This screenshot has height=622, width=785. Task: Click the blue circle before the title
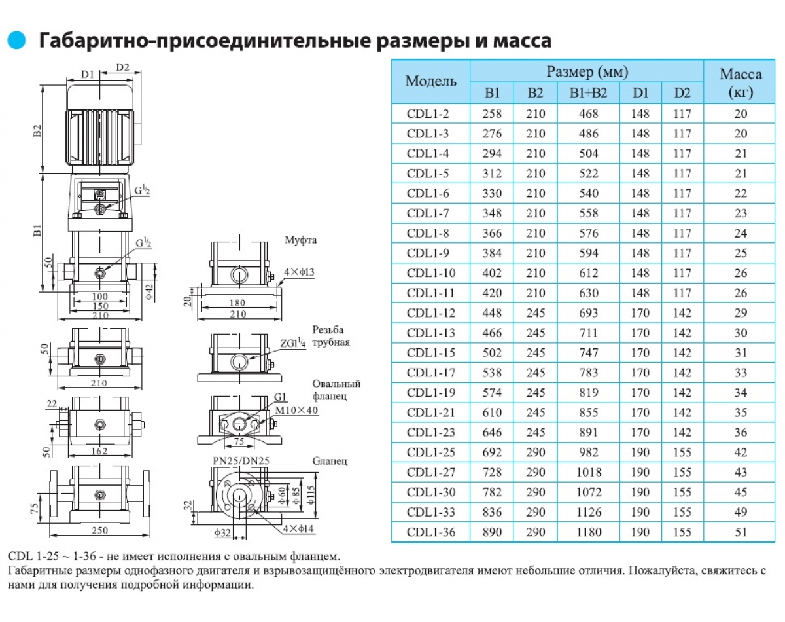(x=16, y=40)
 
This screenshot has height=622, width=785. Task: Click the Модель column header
(x=431, y=81)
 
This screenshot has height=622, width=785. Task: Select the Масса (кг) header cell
(x=741, y=83)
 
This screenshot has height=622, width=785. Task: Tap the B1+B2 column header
(x=588, y=93)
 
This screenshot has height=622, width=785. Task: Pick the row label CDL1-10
(x=431, y=273)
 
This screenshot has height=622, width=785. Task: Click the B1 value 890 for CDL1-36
(x=492, y=532)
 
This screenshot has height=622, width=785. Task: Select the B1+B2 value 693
(x=588, y=313)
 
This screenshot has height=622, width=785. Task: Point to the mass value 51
(x=741, y=532)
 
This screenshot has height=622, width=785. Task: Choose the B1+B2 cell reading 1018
(x=588, y=472)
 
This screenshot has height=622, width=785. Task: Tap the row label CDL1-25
(x=431, y=452)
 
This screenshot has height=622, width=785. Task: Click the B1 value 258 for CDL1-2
(x=492, y=114)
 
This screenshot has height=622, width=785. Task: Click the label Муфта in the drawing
(x=300, y=240)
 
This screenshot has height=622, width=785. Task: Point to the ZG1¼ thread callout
(x=292, y=343)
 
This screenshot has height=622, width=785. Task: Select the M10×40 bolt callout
(x=296, y=410)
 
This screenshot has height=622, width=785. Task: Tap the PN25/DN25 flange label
(x=241, y=461)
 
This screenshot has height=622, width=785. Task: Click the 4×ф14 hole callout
(x=298, y=528)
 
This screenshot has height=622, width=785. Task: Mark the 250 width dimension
(x=99, y=530)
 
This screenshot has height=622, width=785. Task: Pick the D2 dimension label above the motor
(x=122, y=67)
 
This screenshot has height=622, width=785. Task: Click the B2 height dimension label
(x=37, y=131)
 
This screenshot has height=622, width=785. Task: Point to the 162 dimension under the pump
(x=99, y=451)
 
